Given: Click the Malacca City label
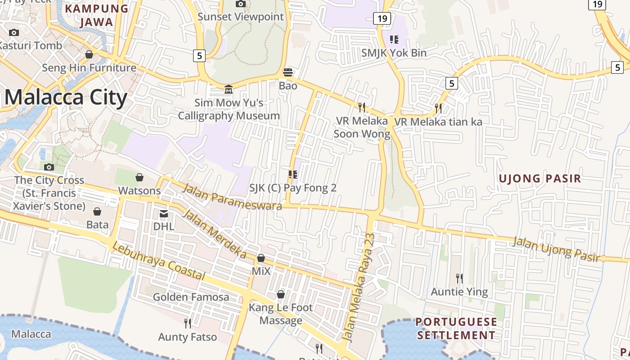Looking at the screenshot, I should [66, 98].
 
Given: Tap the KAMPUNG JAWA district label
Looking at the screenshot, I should [97, 15].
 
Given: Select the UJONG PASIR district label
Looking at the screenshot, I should [540, 178].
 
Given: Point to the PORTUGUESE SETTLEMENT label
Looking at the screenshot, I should [456, 328].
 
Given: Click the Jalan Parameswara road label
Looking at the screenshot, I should [232, 197].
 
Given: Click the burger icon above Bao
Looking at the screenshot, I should [288, 72].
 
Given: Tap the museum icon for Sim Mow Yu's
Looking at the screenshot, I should [229, 89].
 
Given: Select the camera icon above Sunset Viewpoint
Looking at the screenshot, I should [241, 4].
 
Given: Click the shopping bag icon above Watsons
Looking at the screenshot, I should [139, 177].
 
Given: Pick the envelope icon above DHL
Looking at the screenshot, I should [164, 213].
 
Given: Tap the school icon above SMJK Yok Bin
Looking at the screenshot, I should [394, 40].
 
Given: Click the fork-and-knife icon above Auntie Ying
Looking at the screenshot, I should [459, 278].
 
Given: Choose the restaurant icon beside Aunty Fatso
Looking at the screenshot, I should [188, 323].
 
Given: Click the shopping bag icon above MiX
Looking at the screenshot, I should [261, 258].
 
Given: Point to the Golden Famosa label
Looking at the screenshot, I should [191, 297].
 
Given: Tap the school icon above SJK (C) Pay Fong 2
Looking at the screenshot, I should [293, 175].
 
